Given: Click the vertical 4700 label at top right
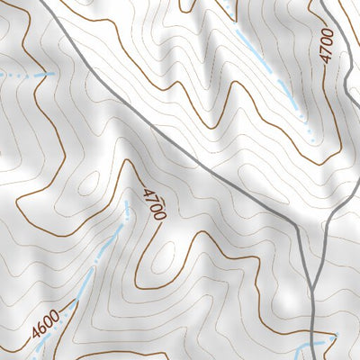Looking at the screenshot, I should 326,45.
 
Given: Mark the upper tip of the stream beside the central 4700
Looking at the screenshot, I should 128,204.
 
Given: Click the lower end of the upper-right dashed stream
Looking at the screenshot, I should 310,139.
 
